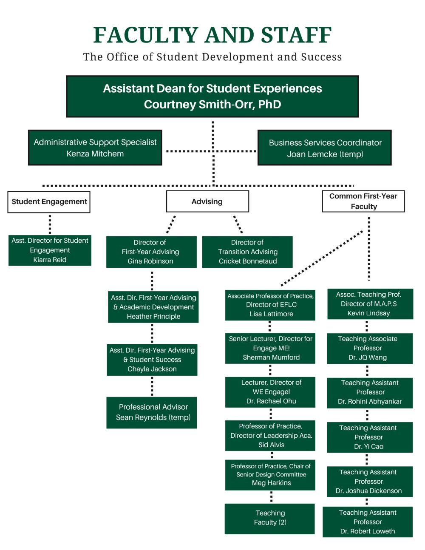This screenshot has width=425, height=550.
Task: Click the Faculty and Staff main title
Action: tap(212, 35)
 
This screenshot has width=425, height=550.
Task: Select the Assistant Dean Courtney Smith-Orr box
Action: tap(212, 96)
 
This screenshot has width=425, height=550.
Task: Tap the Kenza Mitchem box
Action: tap(95, 148)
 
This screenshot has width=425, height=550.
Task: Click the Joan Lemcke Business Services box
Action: tap(325, 148)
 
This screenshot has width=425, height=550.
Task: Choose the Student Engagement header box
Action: tap(49, 202)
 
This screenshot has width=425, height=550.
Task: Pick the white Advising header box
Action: tap(207, 201)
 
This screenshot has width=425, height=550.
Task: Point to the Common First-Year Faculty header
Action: tap(363, 201)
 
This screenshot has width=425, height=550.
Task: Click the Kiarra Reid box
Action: tap(50, 250)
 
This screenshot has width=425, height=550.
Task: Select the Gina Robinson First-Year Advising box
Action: tap(151, 252)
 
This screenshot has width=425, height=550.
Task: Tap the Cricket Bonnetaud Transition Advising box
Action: tap(247, 252)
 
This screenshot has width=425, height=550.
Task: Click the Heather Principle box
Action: tap(153, 307)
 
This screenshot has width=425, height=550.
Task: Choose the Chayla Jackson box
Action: tap(152, 360)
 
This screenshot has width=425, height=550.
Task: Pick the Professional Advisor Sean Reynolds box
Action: tap(152, 413)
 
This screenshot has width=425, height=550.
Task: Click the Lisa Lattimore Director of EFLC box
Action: tap(270, 305)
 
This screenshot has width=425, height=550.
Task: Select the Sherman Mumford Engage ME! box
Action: tap(270, 349)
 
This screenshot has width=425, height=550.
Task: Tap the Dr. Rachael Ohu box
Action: tap(270, 392)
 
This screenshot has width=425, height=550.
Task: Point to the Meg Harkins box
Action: tap(270, 475)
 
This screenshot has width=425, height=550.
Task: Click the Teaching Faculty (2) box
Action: tap(270, 519)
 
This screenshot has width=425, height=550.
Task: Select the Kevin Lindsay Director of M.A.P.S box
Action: tap(370, 304)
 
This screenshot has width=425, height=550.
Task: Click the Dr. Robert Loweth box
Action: tap(368, 522)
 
